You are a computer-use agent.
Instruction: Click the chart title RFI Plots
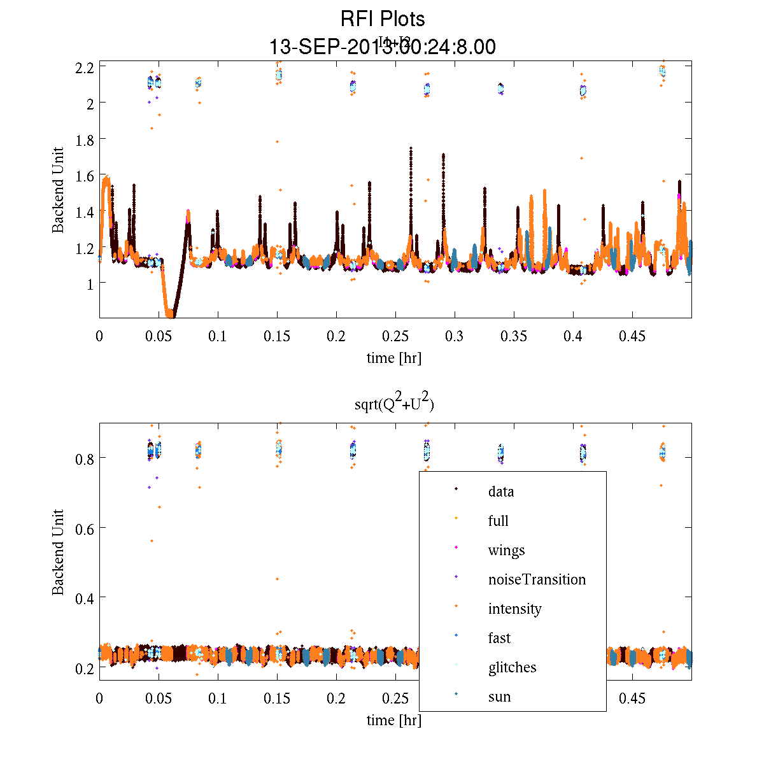point(382,19)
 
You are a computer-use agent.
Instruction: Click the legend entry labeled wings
point(506,550)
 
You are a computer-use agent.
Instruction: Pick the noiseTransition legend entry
point(536,579)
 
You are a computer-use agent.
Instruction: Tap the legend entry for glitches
point(512,667)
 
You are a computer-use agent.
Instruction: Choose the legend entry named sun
point(499,697)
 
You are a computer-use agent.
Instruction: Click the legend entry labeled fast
point(499,638)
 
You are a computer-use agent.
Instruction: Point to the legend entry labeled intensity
point(514,609)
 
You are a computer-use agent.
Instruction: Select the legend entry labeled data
point(500,492)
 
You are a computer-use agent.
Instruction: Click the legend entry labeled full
point(498,521)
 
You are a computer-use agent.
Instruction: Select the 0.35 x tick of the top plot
point(514,336)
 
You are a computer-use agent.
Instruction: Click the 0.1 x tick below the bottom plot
point(218,698)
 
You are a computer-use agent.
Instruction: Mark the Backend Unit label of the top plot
point(58,190)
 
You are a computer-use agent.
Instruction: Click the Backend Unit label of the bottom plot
point(58,552)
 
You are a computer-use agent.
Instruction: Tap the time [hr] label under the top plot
point(393,358)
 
